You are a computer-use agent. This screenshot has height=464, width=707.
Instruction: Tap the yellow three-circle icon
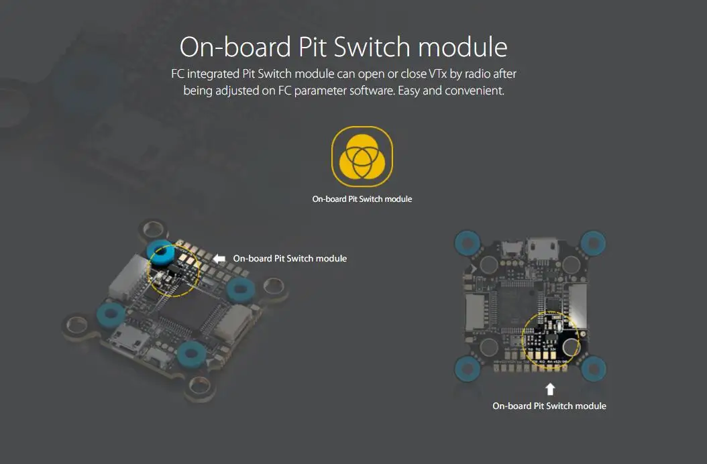pos(362,157)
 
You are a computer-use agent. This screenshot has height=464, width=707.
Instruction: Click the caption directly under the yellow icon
pos(362,199)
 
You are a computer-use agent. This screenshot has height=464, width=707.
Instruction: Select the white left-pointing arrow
pos(219,258)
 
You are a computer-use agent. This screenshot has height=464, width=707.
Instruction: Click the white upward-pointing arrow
pos(550,388)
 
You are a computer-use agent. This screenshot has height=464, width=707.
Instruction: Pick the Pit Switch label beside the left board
pos(290,258)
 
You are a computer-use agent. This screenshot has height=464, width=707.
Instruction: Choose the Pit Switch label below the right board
pos(549,406)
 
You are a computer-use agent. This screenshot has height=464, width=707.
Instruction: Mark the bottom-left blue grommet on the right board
pos(466,368)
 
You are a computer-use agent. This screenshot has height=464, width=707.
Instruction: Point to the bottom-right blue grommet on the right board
pos(594,368)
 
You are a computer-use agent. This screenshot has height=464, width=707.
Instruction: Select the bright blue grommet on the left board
pos(162,255)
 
